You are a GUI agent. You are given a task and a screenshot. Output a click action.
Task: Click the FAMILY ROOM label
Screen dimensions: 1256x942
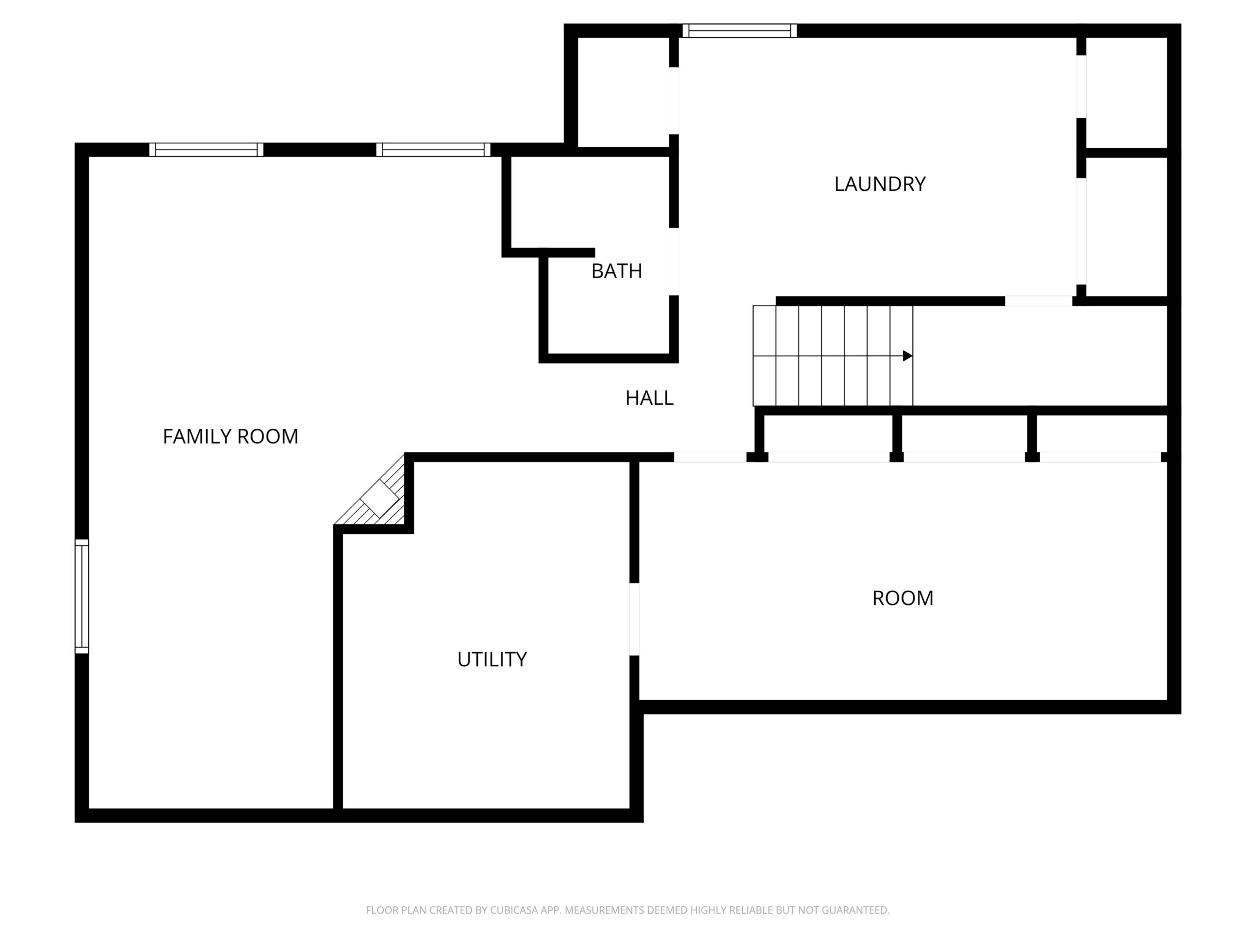231,437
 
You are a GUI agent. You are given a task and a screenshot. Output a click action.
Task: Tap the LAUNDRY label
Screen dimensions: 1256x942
880,184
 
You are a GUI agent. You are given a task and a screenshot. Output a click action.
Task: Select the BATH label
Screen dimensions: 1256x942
617,271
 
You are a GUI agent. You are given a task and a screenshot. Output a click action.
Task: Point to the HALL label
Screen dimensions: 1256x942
649,398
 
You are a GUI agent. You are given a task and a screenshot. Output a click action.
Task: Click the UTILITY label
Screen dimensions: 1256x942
492,659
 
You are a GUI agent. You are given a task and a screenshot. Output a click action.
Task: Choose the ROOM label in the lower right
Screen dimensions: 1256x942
902,598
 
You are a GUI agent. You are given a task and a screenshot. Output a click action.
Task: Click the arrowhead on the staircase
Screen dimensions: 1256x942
907,356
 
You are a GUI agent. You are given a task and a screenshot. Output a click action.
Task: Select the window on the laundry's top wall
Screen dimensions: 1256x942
739,30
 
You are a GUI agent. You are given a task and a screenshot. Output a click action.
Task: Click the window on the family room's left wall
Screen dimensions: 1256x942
82,596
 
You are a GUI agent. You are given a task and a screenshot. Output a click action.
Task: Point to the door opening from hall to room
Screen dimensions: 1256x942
710,458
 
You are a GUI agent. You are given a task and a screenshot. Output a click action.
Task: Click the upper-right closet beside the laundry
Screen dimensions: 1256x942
1127,93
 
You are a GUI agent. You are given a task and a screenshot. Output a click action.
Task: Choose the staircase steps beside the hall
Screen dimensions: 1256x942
833,356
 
